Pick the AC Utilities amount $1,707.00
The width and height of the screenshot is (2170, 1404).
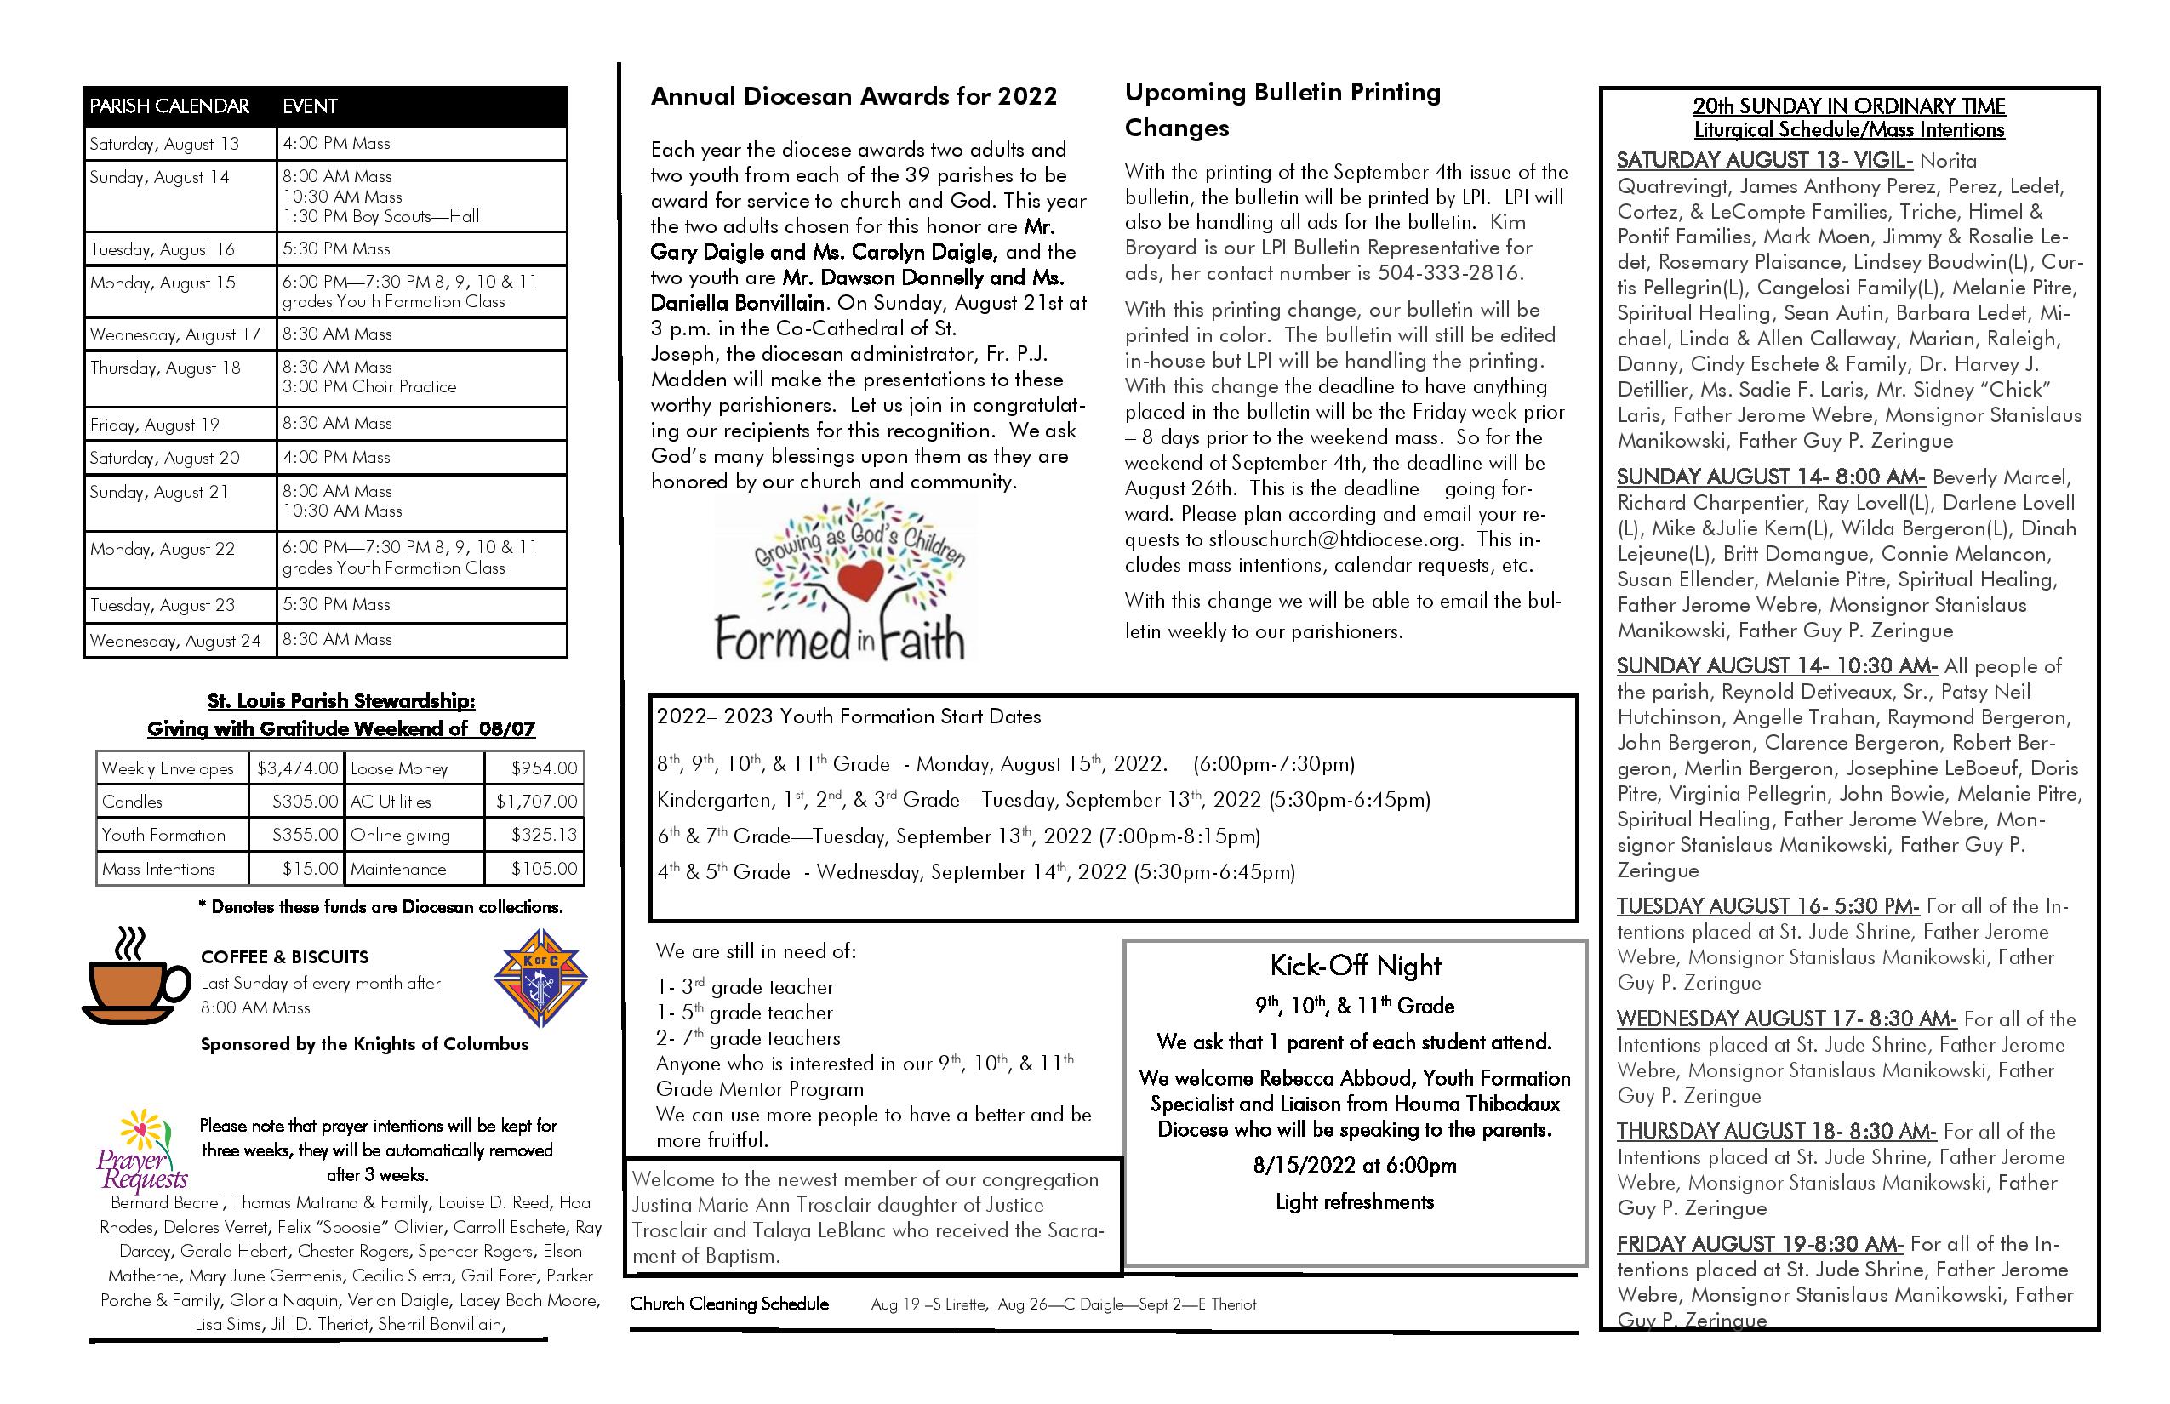point(536,802)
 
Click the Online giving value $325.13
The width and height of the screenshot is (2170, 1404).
point(544,835)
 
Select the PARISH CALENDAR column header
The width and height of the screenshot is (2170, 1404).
point(169,106)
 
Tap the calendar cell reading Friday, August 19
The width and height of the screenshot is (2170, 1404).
point(155,425)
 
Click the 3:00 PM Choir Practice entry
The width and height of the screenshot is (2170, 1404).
point(369,387)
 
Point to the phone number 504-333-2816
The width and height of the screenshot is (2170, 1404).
point(1448,273)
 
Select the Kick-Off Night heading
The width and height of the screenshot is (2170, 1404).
point(1355,967)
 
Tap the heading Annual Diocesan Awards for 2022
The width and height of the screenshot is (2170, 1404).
point(854,97)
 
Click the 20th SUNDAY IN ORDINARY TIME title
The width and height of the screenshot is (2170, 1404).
point(1849,106)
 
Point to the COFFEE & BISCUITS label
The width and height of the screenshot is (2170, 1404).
point(284,957)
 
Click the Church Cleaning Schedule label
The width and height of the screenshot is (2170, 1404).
point(729,1304)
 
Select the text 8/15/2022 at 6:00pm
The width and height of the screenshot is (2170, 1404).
point(1354,1166)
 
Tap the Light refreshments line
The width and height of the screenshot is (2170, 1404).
point(1354,1202)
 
